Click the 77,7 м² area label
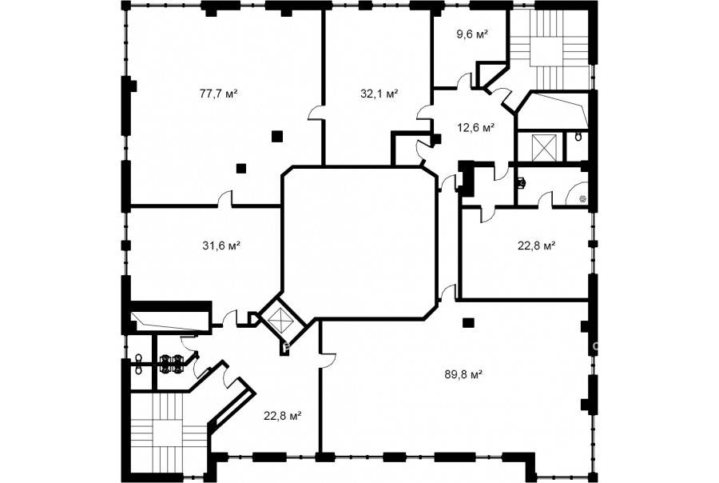218,94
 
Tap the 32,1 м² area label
379,94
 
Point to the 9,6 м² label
472,34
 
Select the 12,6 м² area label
475,128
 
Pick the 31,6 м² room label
221,245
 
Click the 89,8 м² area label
463,374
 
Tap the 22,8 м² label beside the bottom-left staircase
282,416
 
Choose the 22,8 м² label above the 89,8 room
537,245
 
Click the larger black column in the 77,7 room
277,136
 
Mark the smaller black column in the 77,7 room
241,168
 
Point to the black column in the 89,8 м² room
467,323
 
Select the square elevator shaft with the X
543,148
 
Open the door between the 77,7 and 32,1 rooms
316,113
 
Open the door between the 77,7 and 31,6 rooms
224,198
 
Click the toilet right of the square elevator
578,137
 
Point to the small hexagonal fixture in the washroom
582,199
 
